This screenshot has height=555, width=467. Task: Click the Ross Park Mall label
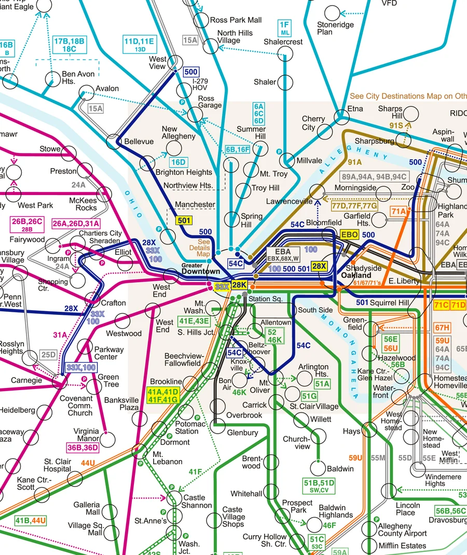pyautogui.click(x=236, y=20)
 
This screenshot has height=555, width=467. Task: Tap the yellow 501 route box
pyautogui.click(x=184, y=220)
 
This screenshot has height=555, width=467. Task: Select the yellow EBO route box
pyautogui.click(x=350, y=235)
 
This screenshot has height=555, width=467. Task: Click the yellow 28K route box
pyautogui.click(x=239, y=285)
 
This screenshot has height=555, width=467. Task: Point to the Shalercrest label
pyautogui.click(x=283, y=41)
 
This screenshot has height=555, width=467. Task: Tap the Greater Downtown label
pyautogui.click(x=201, y=268)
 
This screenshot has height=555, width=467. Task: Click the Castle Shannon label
pyautogui.click(x=197, y=502)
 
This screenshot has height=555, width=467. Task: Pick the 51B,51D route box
pyautogui.click(x=319, y=485)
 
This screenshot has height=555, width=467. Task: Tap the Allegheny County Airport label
pyautogui.click(x=403, y=530)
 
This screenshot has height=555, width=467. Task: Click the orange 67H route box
pyautogui.click(x=442, y=328)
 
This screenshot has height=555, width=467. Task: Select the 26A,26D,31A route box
pyautogui.click(x=76, y=224)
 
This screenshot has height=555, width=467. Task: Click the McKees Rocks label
pyautogui.click(x=83, y=204)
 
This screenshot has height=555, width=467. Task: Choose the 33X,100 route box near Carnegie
pyautogui.click(x=81, y=368)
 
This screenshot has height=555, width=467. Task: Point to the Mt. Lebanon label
pyautogui.click(x=167, y=458)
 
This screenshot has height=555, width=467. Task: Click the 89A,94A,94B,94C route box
pyautogui.click(x=374, y=176)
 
